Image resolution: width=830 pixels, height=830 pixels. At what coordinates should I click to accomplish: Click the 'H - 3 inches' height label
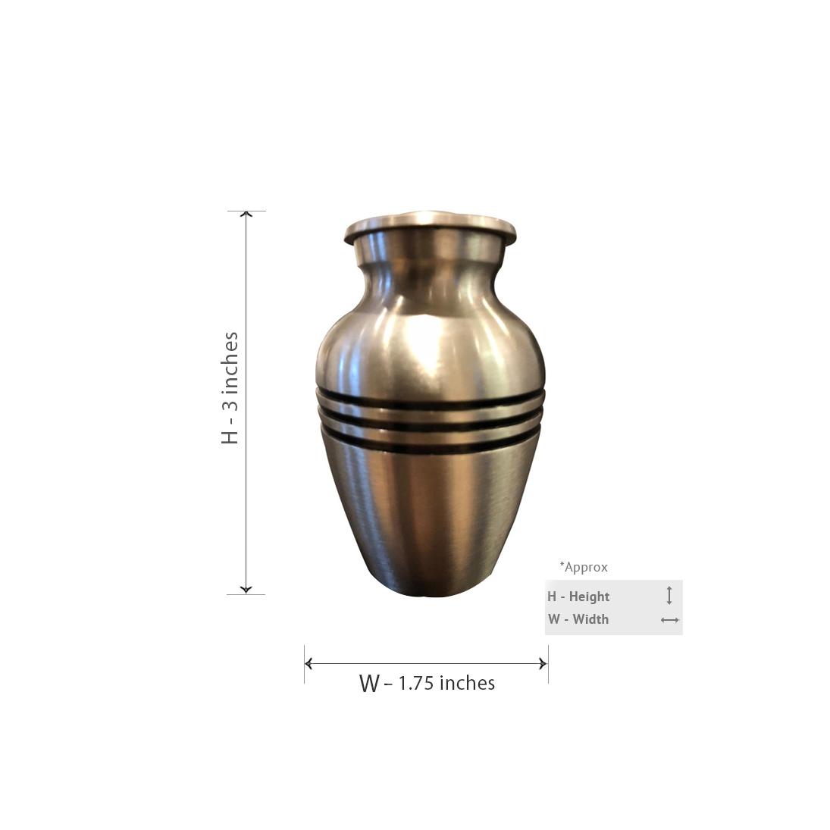coord(230,388)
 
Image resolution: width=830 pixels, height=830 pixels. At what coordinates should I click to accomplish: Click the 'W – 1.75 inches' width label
coord(427,683)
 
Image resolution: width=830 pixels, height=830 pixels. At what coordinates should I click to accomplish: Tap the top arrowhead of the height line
coord(246,214)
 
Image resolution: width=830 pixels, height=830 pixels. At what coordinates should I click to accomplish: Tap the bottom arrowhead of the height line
coord(246,589)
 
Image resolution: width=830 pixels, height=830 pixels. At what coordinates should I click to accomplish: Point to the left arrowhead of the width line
coord(309,663)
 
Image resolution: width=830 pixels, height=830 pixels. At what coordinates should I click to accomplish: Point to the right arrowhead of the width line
coord(543,663)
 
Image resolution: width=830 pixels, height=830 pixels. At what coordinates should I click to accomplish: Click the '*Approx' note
coord(584,567)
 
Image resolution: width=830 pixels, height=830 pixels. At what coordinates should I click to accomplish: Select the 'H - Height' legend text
coord(578,597)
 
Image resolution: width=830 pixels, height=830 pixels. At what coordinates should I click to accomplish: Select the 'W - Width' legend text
coord(578,619)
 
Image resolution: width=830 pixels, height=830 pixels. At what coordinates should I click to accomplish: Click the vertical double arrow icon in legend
coord(669,596)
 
